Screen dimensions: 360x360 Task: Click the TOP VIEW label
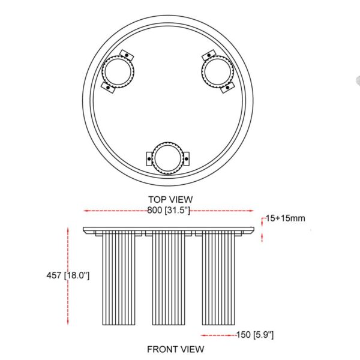[170, 199]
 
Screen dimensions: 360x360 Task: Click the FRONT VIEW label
[175, 349]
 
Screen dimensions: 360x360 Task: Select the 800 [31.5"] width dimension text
[168, 211]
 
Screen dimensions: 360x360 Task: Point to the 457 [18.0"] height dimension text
[68, 275]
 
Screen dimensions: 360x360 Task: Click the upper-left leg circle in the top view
[118, 71]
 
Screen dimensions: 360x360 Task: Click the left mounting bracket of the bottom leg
[149, 159]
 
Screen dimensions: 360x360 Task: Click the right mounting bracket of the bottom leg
[185, 159]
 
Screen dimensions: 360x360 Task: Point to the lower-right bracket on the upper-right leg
[227, 88]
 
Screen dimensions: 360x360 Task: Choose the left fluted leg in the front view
[118, 279]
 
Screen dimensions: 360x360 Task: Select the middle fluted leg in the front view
[167, 279]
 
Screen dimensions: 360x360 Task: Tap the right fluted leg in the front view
[218, 279]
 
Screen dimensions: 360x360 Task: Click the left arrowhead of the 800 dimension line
[86, 211]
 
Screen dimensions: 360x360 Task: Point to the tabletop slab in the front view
[167, 230]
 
